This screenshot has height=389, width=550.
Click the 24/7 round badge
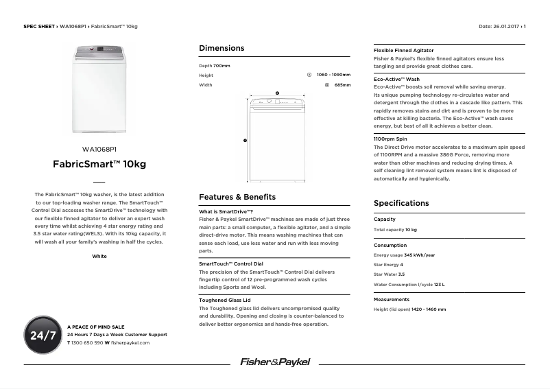43,335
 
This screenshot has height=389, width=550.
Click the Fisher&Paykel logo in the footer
274,362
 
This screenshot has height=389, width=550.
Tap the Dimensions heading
222,48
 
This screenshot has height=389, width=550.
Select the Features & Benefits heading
237,197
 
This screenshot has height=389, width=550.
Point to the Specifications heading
401,203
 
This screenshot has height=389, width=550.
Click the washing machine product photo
99,89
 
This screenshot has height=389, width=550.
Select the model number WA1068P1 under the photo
99,149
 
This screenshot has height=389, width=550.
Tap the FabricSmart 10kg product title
99,165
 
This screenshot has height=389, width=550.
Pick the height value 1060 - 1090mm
333,75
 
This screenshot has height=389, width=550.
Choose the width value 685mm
342,85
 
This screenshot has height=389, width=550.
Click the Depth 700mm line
215,66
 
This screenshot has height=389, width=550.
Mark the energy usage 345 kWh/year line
404,255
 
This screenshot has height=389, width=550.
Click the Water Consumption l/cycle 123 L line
409,284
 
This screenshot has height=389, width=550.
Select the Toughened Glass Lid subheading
225,300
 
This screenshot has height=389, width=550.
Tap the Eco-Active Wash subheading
396,80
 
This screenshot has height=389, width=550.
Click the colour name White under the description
99,256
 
